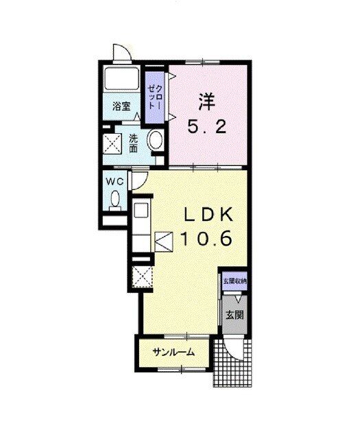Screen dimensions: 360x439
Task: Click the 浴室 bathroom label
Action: point(121,106)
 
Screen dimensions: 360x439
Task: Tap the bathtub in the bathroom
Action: point(121,78)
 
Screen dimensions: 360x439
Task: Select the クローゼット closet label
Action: point(154,97)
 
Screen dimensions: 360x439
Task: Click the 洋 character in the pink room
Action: point(206,102)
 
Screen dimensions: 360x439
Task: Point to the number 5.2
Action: point(206,128)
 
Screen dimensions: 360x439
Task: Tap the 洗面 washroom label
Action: point(134,144)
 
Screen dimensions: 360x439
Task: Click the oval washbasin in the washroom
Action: point(156,140)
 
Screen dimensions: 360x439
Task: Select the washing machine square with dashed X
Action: point(112,144)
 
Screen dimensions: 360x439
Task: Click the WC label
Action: point(115,182)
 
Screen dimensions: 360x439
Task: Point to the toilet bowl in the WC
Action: point(115,200)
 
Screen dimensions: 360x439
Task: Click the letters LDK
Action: point(208,215)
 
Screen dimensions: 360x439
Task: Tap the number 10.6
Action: point(206,239)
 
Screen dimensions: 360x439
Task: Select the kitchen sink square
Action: point(141,209)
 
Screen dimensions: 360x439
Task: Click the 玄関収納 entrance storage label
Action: point(235,281)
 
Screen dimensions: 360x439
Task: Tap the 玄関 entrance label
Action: point(235,315)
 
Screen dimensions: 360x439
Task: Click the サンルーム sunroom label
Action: point(173,352)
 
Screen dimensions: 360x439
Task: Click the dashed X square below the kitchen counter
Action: point(142,277)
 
